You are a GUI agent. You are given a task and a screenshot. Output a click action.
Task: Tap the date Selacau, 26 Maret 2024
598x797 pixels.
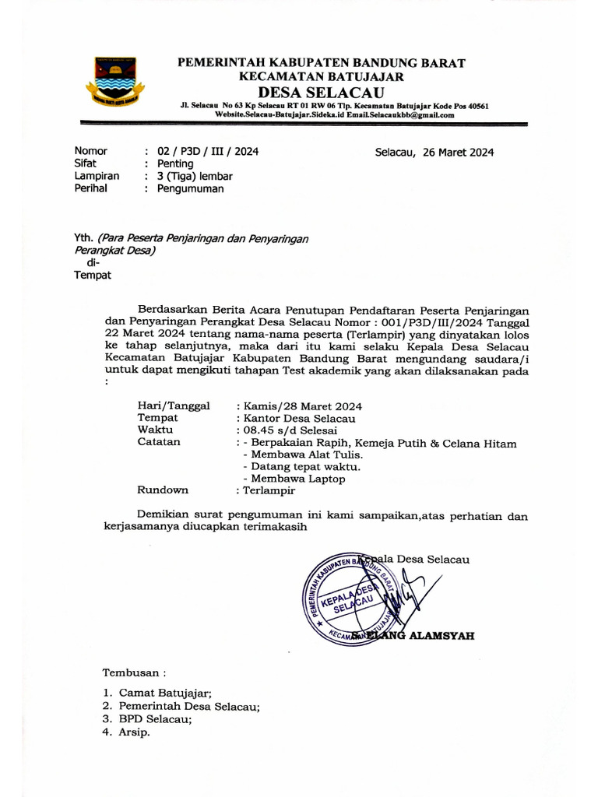(x=434, y=153)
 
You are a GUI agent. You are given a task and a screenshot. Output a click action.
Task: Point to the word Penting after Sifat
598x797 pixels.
(x=175, y=164)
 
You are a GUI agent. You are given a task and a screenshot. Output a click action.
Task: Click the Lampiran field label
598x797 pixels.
(x=97, y=177)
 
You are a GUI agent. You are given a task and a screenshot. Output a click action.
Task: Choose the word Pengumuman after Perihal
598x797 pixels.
(x=191, y=189)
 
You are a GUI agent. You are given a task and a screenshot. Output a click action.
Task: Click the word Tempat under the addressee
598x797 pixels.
(x=93, y=275)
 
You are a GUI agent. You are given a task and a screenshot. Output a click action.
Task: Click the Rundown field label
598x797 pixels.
(x=163, y=490)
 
